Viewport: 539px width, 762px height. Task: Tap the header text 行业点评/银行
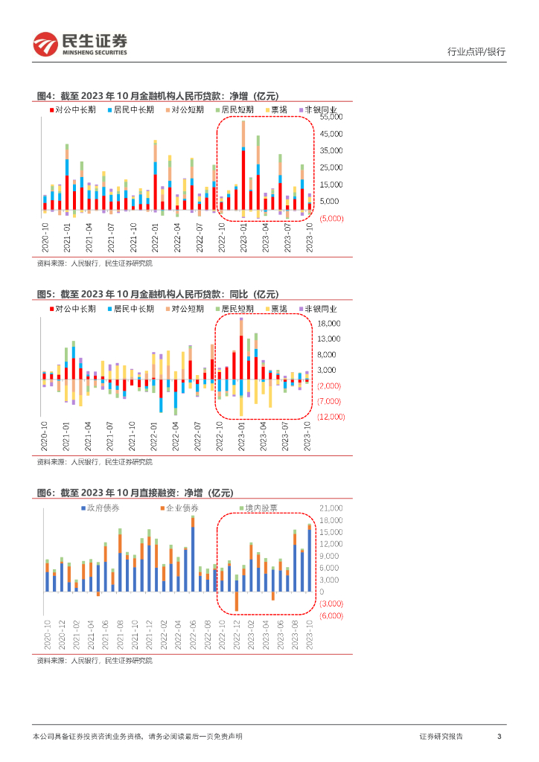[x=476, y=52]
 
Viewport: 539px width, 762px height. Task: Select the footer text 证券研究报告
[x=441, y=736]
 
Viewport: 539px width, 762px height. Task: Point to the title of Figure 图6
[x=135, y=493]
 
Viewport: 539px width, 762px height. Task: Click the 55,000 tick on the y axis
[x=331, y=117]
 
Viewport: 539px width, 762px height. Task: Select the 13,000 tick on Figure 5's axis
[x=329, y=339]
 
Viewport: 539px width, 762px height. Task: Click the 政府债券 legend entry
[x=102, y=508]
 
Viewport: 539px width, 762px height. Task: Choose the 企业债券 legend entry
[x=179, y=508]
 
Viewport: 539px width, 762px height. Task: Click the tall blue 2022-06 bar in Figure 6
[x=193, y=559]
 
